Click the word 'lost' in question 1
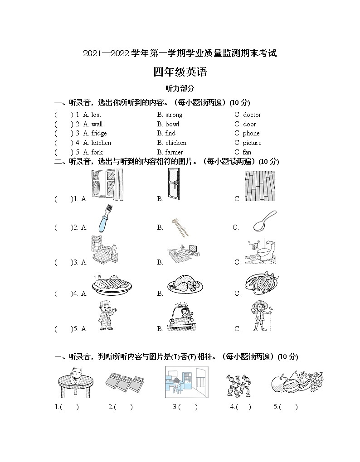tap(96, 115)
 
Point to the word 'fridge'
tap(99, 133)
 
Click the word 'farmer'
tap(174, 152)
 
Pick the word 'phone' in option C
tap(251, 133)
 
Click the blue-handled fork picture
tap(105, 218)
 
